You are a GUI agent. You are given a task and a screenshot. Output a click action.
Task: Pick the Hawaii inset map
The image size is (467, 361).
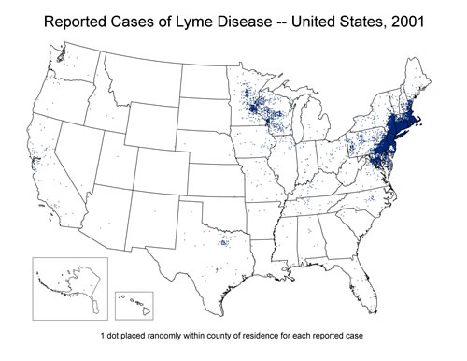(x=135, y=305)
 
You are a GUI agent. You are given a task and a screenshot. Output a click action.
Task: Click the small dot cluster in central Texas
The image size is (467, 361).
(x=223, y=245)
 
